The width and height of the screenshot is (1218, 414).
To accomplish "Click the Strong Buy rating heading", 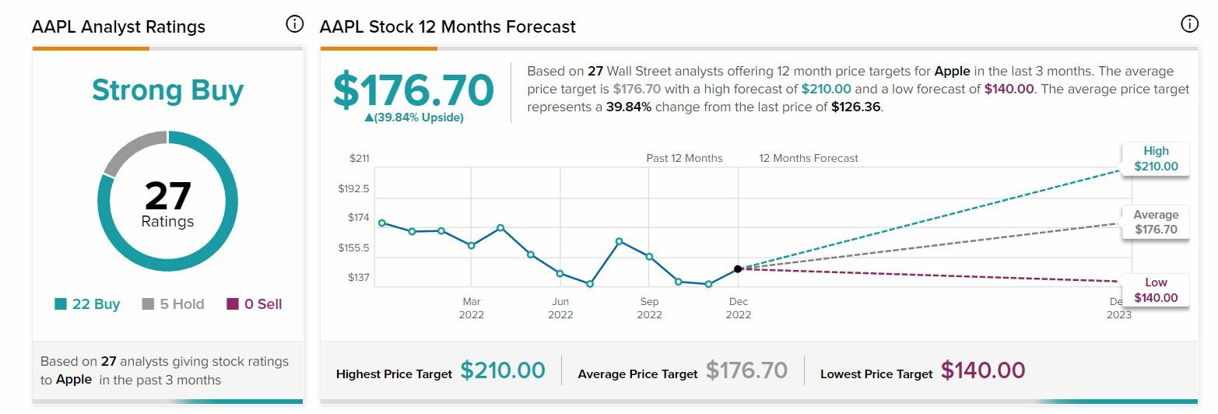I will [167, 90].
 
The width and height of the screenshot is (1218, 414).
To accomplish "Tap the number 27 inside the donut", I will [167, 195].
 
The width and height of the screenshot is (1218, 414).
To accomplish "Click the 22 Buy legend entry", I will [87, 304].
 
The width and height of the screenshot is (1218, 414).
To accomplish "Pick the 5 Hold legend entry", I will [173, 304].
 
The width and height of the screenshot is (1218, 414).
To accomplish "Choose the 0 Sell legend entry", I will [254, 304].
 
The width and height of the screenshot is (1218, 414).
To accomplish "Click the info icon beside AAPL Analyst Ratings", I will [294, 24].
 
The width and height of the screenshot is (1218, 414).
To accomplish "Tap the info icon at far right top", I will [1189, 24].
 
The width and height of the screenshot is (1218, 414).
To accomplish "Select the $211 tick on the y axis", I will [359, 159].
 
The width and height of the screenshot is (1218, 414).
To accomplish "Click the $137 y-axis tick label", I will [358, 278].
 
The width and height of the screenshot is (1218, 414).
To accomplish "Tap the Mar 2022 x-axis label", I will [471, 308].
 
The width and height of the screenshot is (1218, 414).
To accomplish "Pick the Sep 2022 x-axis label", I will [649, 308].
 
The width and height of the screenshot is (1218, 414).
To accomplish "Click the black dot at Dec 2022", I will [738, 268].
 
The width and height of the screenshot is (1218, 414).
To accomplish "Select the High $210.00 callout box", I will [1156, 159].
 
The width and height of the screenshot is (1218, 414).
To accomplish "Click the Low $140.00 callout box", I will [1156, 290].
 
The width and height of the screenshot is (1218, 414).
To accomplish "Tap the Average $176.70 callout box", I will [1156, 222].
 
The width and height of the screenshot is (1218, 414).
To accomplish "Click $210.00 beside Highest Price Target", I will [503, 370].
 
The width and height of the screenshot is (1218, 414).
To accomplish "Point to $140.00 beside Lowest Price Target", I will [983, 370].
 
